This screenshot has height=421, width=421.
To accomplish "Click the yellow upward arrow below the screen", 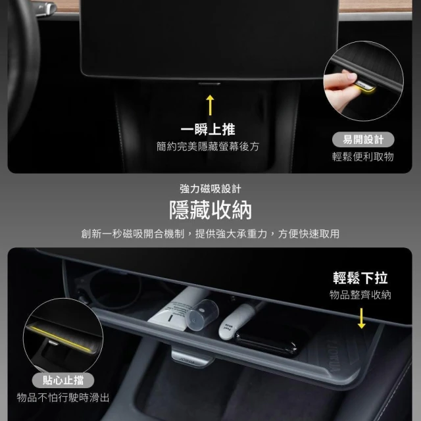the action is point(210,105).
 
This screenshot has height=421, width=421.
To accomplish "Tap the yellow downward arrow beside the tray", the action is point(362,318).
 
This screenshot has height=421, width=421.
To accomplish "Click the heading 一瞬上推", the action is point(208,130).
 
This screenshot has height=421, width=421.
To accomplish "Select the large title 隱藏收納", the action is point(210,210).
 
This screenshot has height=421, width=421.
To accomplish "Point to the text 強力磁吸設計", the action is point(210,189).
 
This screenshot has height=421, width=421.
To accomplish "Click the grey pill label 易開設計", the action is point(363,139).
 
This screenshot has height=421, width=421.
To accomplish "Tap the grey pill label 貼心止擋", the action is point(63,380).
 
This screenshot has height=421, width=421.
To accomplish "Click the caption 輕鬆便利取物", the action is point(363,157).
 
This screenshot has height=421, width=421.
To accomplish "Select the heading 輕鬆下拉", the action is point(360,278).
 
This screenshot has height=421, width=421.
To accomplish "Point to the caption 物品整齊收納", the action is point(360,295).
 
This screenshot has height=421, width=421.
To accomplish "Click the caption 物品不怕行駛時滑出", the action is point(63,397).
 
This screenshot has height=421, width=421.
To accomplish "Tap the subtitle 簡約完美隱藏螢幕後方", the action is point(208,147).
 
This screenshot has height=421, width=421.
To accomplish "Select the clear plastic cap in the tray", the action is point(203,314).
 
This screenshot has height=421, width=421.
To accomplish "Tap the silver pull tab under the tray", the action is point(192,359).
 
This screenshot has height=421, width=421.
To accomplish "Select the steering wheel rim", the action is point(23,67).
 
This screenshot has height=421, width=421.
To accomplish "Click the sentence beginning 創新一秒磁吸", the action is point(210,234).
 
